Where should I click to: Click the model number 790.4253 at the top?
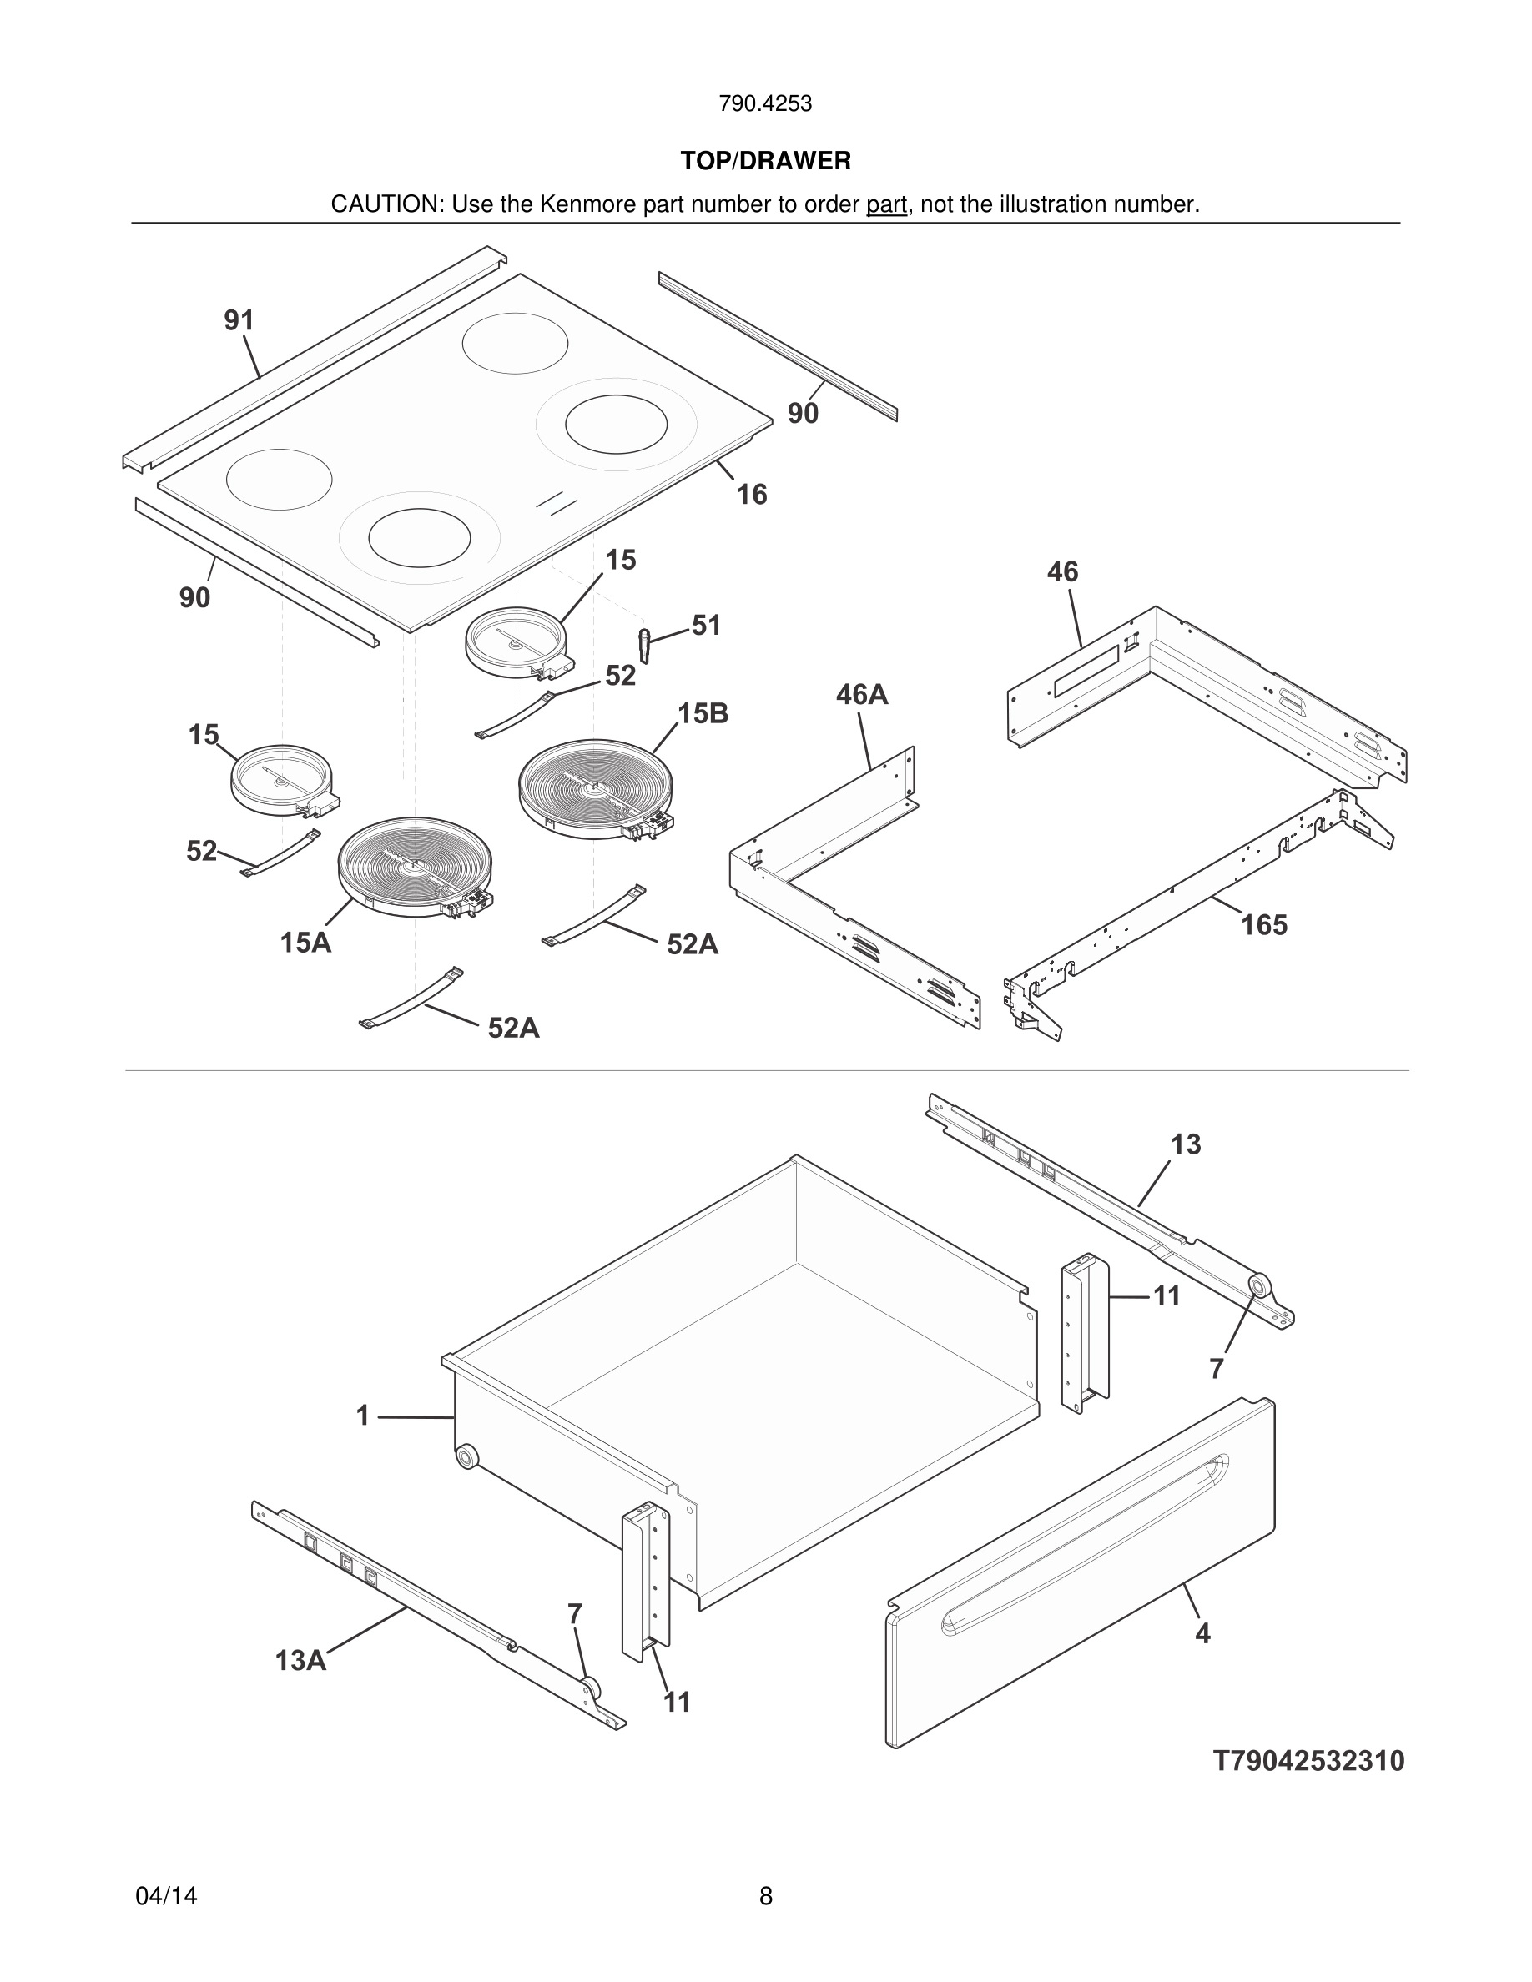click(765, 104)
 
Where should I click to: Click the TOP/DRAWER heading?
click(765, 162)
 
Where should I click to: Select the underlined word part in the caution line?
click(886, 205)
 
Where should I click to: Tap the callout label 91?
click(239, 320)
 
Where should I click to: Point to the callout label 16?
click(752, 495)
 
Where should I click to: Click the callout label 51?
click(706, 626)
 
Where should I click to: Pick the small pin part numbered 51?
click(645, 644)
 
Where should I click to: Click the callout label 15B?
click(703, 713)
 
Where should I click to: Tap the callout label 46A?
click(861, 695)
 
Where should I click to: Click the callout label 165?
click(1264, 925)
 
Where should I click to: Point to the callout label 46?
click(1062, 571)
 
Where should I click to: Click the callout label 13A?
click(300, 1661)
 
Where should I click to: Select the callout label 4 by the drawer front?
click(1202, 1633)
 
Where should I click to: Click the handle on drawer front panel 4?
click(1085, 1537)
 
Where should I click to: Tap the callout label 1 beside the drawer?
click(363, 1416)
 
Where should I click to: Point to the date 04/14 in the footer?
click(166, 1896)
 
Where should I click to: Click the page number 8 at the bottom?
click(765, 1896)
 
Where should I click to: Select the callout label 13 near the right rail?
click(1186, 1144)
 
